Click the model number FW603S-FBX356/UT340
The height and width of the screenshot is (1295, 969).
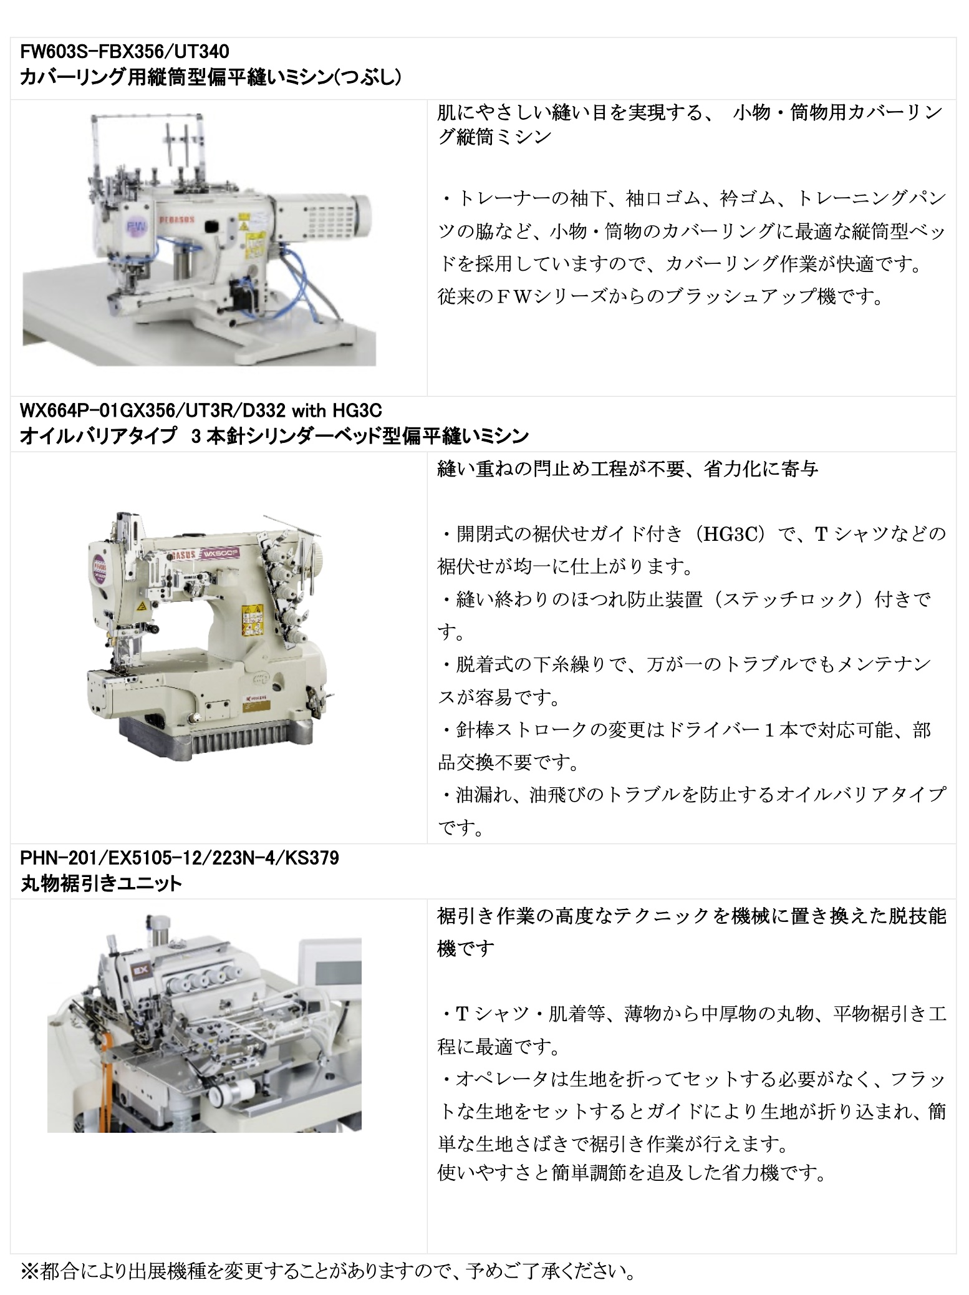[x=125, y=51]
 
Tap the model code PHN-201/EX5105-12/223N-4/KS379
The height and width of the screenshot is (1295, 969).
[x=180, y=858]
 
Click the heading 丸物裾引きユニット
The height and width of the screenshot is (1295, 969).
[x=101, y=883]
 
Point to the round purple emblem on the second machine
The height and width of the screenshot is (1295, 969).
[x=99, y=565]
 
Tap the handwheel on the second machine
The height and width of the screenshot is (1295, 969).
[x=317, y=553]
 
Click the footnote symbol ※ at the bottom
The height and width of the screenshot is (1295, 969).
[x=29, y=1270]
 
